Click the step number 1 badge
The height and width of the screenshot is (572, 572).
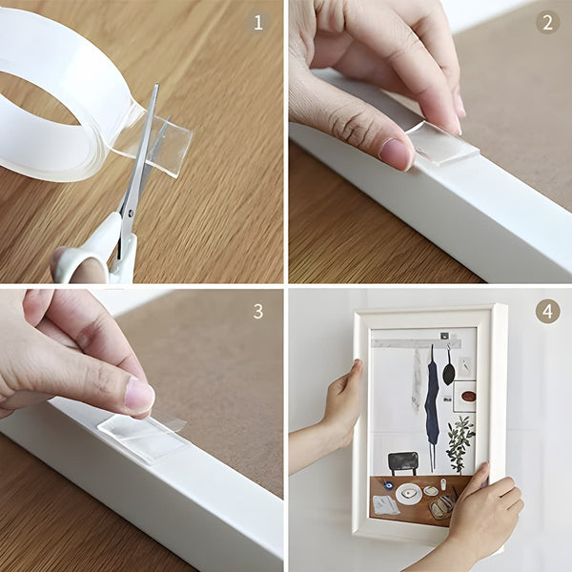(x=259, y=22)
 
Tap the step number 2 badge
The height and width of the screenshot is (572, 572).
(x=546, y=22)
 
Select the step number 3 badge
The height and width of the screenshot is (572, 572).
(x=259, y=312)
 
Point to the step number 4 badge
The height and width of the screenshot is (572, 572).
(x=546, y=311)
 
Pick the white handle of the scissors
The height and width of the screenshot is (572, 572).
(x=95, y=253)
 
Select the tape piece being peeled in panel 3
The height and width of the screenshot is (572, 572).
(x=143, y=437)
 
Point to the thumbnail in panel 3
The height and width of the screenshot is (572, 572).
(x=139, y=395)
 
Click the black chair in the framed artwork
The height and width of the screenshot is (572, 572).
(x=403, y=462)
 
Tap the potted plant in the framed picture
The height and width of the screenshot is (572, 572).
(x=460, y=440)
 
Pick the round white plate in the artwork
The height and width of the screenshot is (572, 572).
(x=409, y=494)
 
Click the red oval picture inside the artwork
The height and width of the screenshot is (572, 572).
(x=468, y=395)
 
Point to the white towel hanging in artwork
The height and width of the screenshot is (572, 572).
(x=417, y=381)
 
